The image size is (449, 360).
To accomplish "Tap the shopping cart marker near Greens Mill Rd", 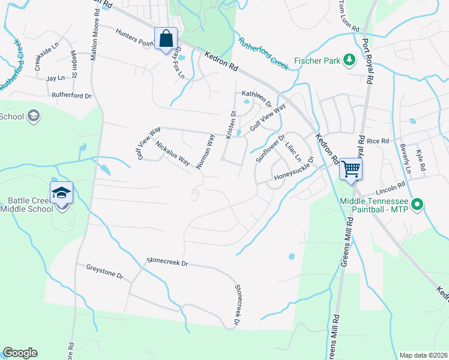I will pos(351,169).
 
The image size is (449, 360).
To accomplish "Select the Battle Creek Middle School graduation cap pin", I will pos(61,193).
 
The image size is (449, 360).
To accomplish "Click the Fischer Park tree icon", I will pos(348,60).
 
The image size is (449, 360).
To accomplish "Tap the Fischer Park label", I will pos(316,61).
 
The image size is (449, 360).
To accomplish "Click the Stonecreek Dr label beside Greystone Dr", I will pos(167,263).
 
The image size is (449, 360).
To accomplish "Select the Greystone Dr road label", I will pos(104,272).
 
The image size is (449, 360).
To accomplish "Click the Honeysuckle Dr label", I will pos(295,170).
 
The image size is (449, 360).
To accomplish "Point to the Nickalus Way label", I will pos(173,154).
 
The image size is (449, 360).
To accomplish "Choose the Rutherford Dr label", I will pos(71,95).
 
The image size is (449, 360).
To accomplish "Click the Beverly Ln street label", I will pos(406,161).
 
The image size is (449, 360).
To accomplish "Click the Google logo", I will pos(20,353).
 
